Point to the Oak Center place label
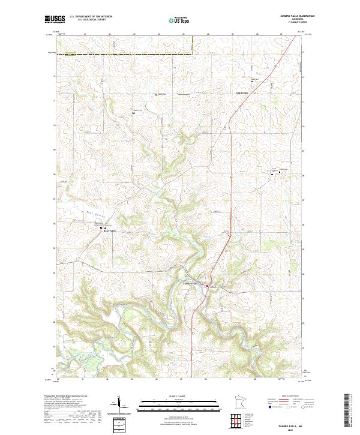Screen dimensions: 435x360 (242, 93)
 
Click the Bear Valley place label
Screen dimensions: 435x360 (108, 230)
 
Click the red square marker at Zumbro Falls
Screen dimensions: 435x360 (208, 286)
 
